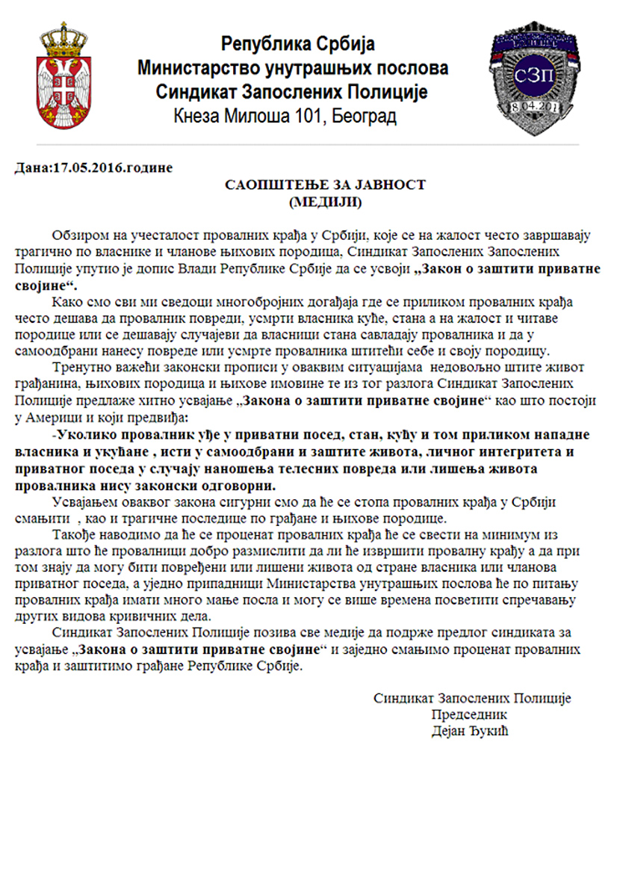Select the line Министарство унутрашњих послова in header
pyautogui.click(x=293, y=68)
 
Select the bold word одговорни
pyautogui.click(x=236, y=484)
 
